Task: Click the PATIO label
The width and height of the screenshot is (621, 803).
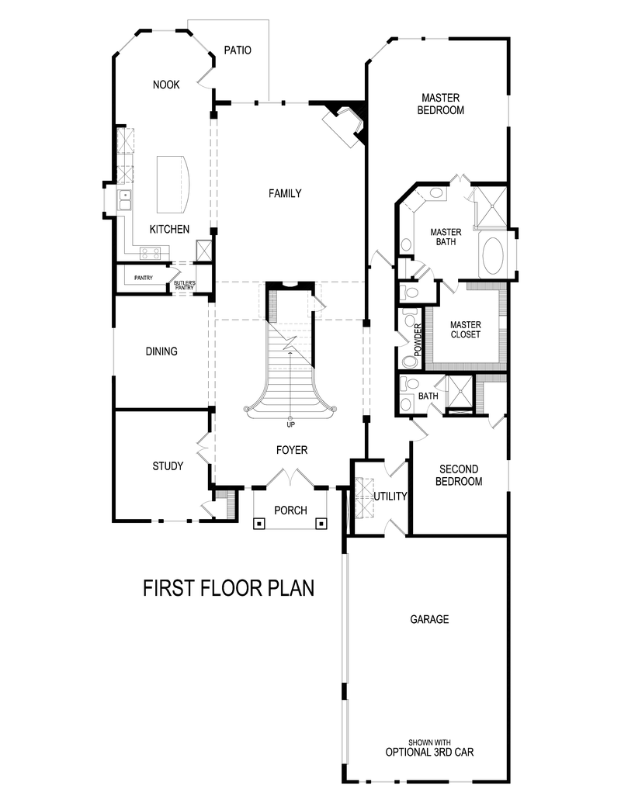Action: (x=238, y=50)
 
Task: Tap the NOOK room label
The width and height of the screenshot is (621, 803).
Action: (x=166, y=85)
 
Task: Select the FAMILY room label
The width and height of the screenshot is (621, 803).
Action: (x=285, y=193)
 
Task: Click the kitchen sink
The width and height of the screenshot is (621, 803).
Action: (x=124, y=200)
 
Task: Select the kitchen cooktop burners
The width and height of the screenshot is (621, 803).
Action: (x=150, y=252)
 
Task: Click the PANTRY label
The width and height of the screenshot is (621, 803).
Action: (x=144, y=278)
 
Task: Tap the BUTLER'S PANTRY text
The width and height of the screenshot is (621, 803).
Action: (x=185, y=285)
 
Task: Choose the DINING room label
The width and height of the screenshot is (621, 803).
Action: (x=161, y=351)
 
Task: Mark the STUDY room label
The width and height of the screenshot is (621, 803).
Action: (x=168, y=466)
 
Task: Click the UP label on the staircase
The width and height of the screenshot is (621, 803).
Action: (x=290, y=424)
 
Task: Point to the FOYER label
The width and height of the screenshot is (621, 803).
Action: (x=292, y=450)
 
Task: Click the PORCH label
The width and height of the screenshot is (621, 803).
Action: (x=290, y=511)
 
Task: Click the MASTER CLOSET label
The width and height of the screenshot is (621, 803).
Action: (x=466, y=330)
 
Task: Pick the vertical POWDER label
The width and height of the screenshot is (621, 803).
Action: (x=418, y=339)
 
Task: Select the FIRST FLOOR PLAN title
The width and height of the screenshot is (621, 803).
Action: (x=228, y=588)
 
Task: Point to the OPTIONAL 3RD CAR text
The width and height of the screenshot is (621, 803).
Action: (x=429, y=752)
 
